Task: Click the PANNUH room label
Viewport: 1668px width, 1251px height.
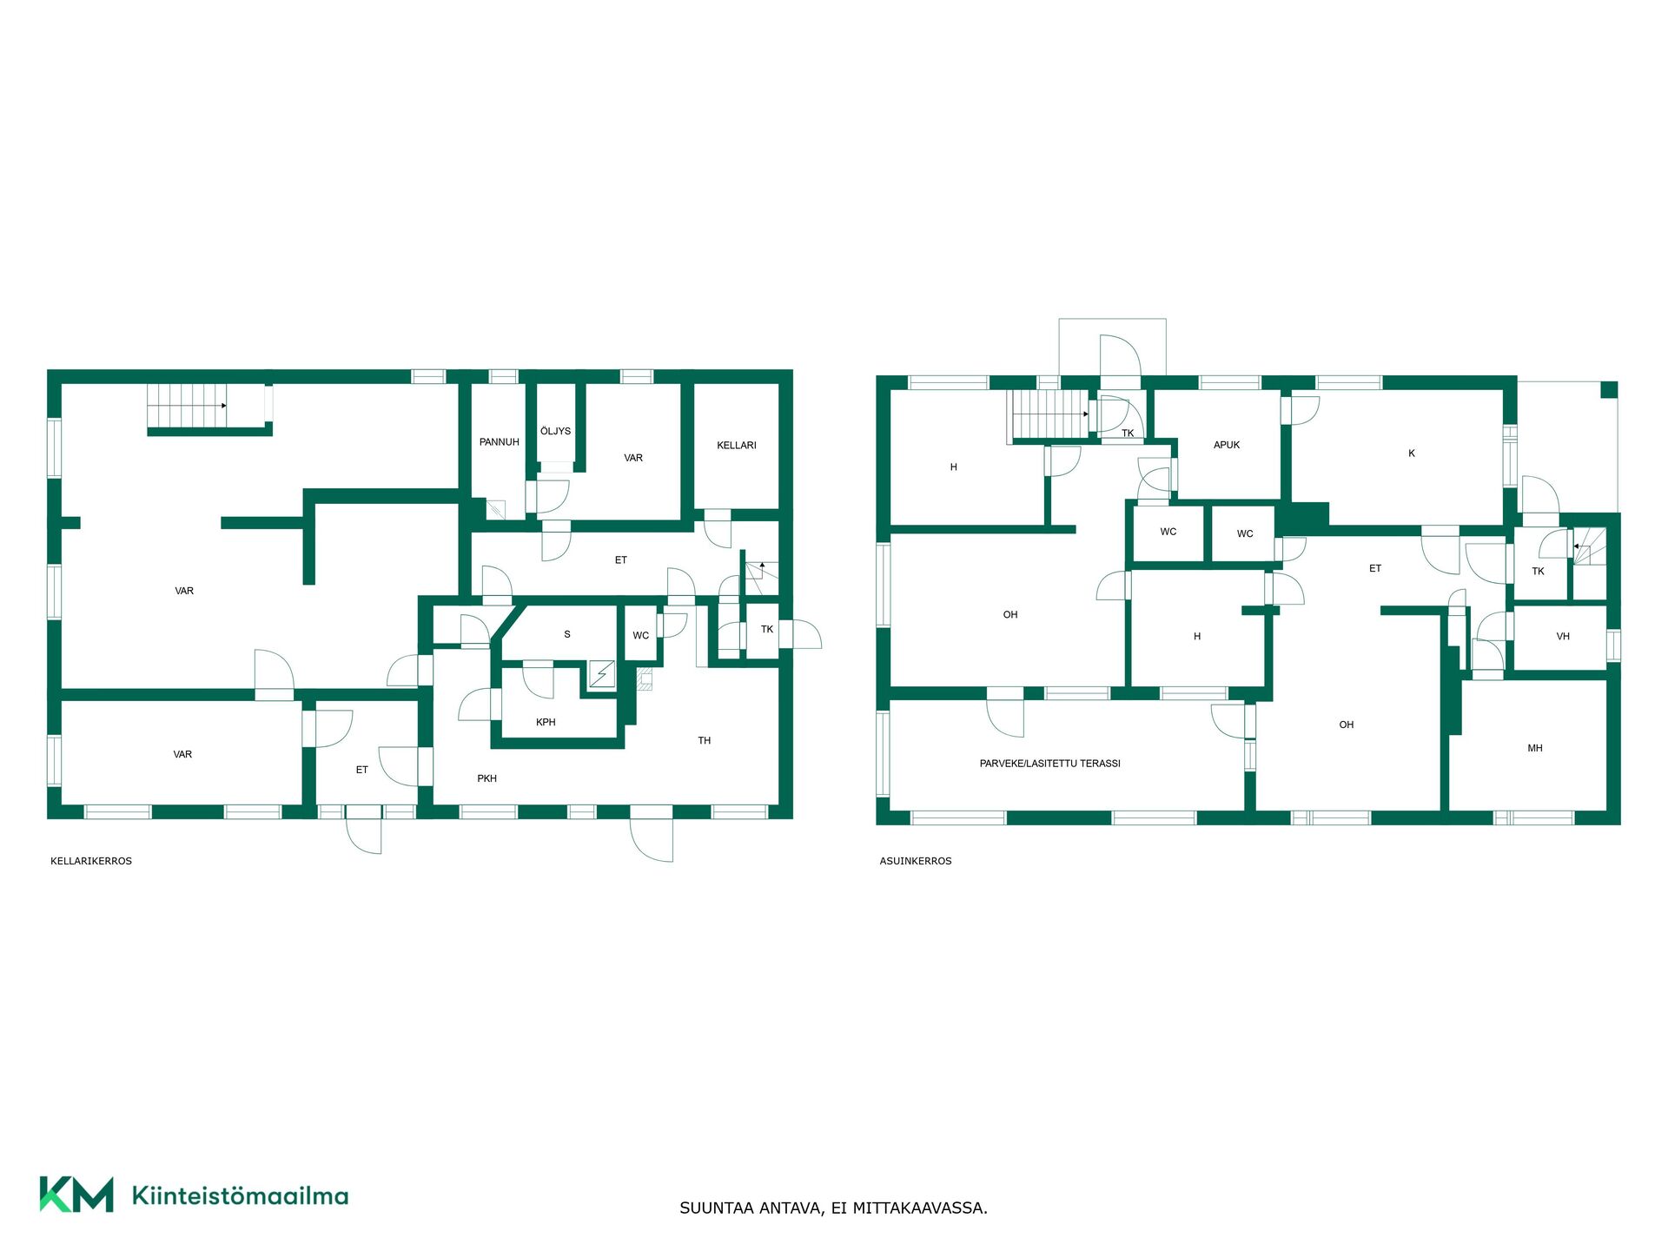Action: tap(499, 442)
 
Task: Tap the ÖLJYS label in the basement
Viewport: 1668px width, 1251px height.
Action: tap(555, 431)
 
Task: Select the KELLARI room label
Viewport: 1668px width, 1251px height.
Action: tap(737, 446)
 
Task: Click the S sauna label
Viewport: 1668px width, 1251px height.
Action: tap(567, 634)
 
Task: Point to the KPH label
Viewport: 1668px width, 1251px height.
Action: tap(546, 722)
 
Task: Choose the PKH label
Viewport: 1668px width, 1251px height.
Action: tap(486, 778)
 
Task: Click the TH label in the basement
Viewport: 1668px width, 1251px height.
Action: tap(704, 741)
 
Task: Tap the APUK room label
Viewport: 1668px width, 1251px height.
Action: tap(1227, 445)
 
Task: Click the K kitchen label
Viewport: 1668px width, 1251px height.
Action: tap(1412, 453)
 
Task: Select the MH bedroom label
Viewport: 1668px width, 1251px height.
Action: tap(1535, 748)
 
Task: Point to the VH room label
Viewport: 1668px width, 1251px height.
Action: tap(1563, 637)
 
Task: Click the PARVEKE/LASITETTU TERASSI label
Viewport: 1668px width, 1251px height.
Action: tap(1049, 764)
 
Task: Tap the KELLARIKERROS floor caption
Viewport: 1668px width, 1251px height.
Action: tap(91, 861)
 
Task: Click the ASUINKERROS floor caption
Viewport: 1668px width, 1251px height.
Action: tap(916, 861)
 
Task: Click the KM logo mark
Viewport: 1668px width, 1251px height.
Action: tap(76, 1195)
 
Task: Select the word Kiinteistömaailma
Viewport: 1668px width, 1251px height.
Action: tap(240, 1195)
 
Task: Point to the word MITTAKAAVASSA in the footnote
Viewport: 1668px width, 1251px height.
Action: tap(919, 1208)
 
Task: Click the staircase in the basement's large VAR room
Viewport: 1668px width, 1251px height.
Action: tap(187, 406)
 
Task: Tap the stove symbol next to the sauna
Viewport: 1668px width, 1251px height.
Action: tap(601, 674)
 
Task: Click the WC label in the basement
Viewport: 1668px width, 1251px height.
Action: tap(640, 636)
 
